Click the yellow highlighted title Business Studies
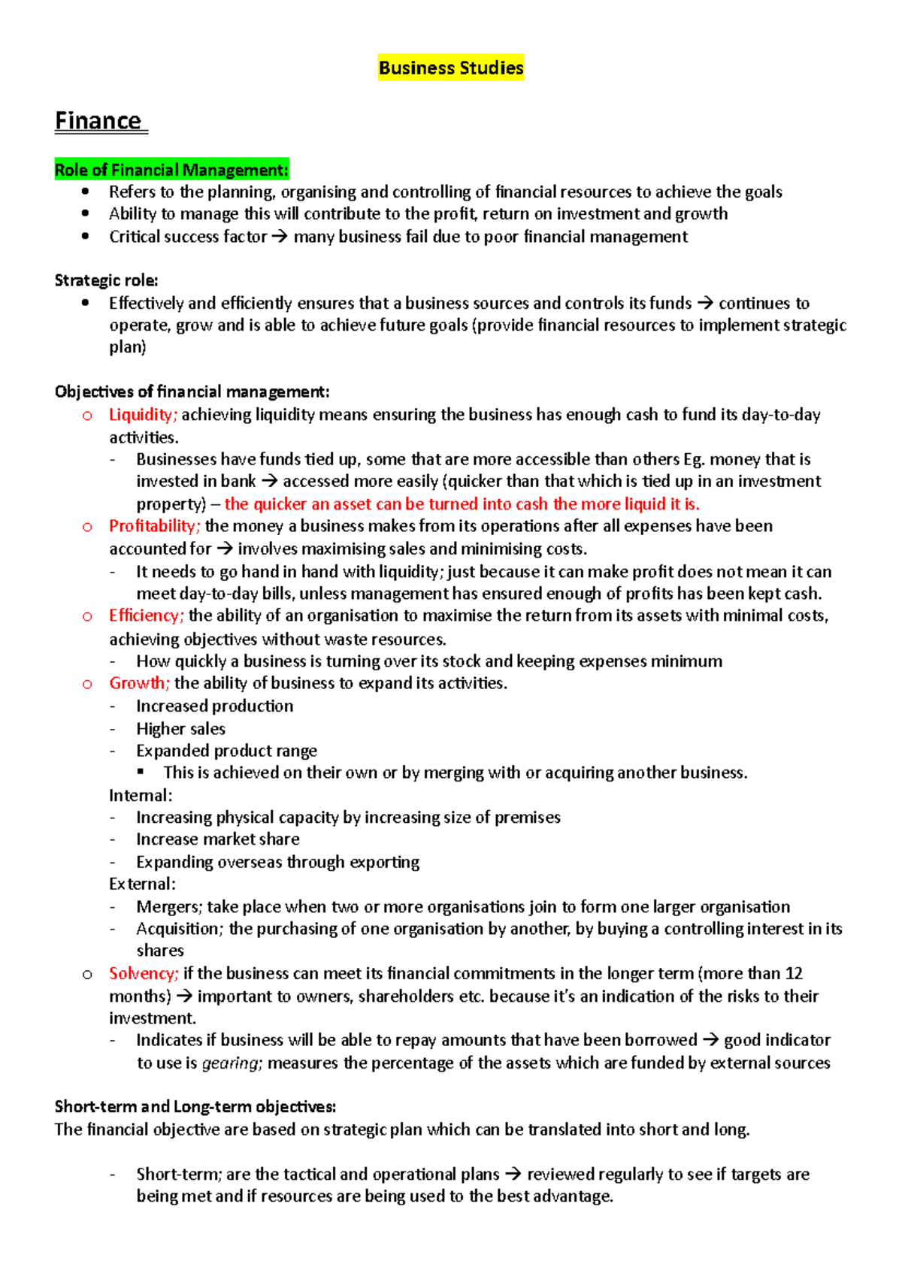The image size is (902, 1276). click(451, 68)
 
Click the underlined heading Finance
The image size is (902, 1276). click(98, 121)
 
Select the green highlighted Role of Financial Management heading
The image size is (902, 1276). click(171, 170)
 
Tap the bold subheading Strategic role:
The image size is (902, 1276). click(106, 280)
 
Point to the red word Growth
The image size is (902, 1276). click(139, 683)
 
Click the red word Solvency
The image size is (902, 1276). click(143, 974)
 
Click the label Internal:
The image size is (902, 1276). click(141, 795)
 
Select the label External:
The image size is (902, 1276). click(142, 884)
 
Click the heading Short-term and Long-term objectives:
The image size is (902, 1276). click(195, 1107)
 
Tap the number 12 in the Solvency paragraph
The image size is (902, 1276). click(794, 974)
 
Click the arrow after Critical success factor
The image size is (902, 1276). click(279, 237)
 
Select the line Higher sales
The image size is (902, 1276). click(180, 729)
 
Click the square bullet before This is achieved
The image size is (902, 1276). click(141, 772)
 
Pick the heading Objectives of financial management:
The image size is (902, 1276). click(192, 392)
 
